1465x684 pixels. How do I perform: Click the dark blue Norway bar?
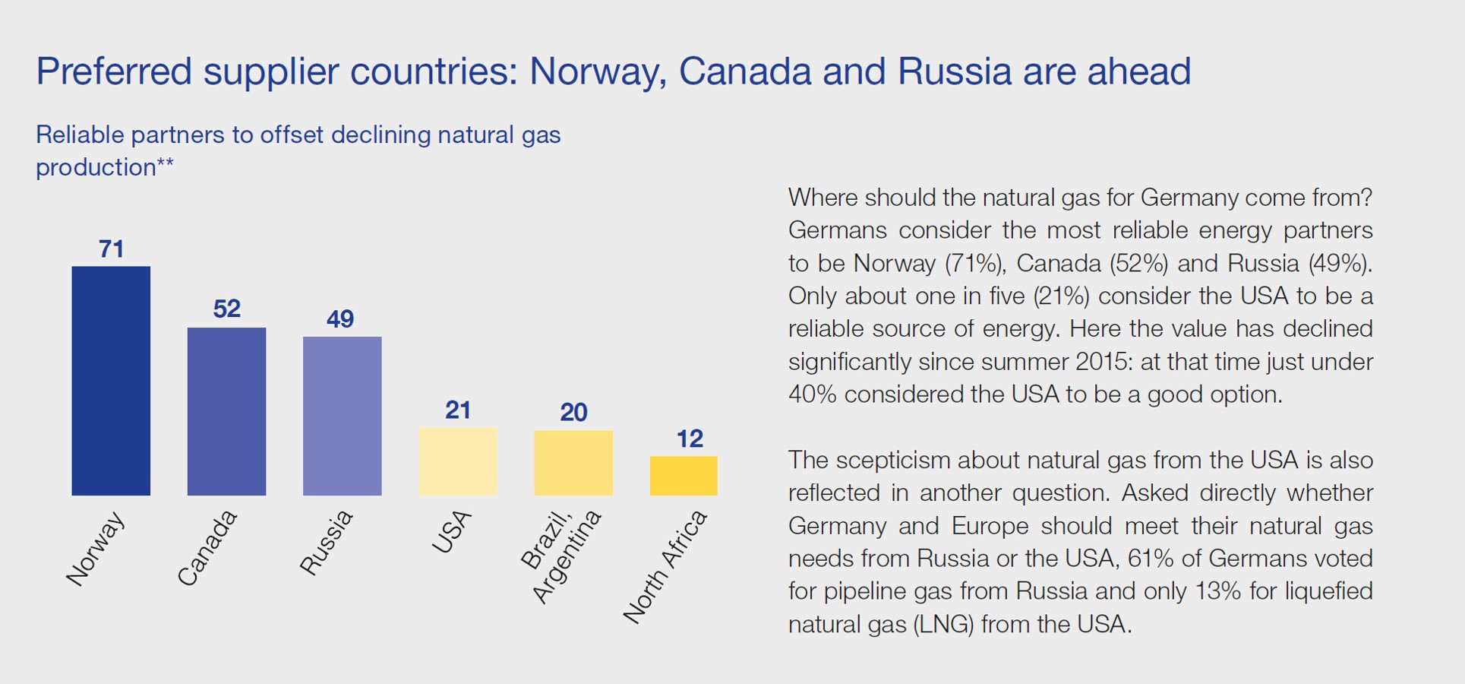[x=111, y=381]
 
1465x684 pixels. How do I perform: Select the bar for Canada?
[x=226, y=411]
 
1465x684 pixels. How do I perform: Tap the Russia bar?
[x=342, y=416]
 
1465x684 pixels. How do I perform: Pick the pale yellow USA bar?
[x=458, y=461]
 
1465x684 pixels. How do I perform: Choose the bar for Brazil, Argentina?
[x=573, y=463]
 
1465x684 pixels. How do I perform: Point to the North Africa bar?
[x=684, y=476]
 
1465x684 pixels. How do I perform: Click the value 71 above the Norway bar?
[x=111, y=249]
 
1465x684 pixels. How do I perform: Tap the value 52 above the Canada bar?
[x=226, y=308]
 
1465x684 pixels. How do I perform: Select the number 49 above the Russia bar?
[x=340, y=318]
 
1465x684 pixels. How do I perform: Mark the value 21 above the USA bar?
[x=458, y=410]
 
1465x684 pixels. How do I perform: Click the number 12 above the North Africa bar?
[x=690, y=439]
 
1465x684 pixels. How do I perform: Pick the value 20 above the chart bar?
[x=573, y=412]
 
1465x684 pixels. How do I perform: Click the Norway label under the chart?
[x=96, y=549]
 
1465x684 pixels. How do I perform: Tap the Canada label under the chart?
[x=207, y=548]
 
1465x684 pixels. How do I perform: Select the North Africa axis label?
[x=666, y=567]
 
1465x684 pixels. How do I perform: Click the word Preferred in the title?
[x=114, y=72]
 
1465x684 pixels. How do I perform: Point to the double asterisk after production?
[x=166, y=162]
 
